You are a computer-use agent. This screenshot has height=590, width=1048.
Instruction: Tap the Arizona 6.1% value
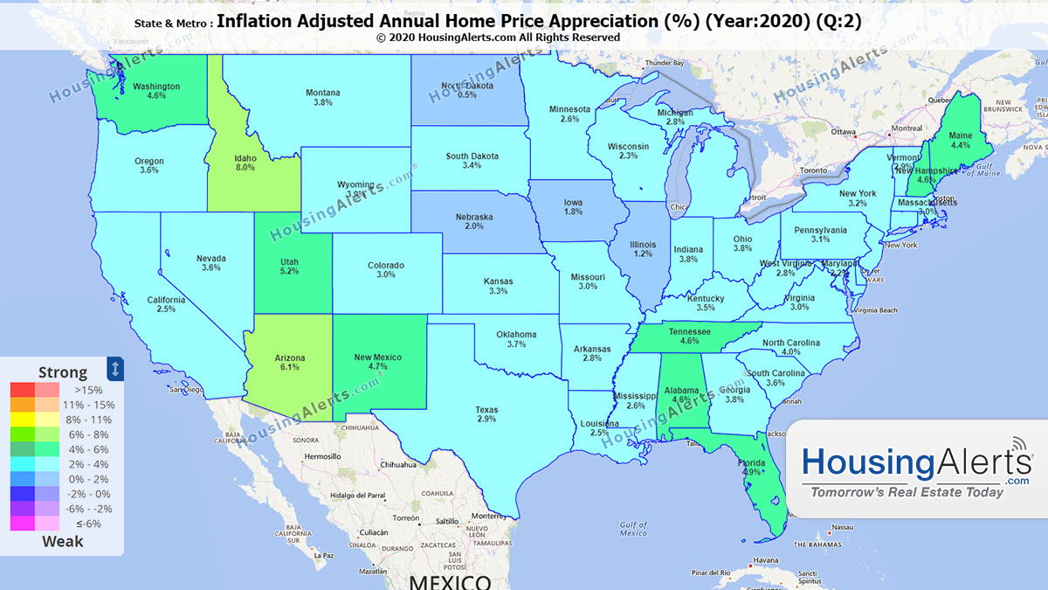point(289,362)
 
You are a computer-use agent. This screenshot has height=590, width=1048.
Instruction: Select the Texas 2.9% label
point(486,413)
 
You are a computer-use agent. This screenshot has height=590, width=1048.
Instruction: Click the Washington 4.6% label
point(156,91)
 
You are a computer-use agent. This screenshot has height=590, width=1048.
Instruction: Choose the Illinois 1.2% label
point(644,248)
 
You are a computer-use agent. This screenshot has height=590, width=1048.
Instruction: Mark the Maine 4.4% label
point(960,140)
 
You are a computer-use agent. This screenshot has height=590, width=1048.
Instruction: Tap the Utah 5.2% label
point(289,266)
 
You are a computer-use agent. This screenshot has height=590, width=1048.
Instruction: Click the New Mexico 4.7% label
point(378,362)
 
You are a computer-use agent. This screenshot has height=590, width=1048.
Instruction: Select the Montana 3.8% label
point(322,97)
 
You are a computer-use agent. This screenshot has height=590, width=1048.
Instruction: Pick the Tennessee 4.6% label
point(690,336)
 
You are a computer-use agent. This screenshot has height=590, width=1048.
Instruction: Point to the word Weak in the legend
point(63,541)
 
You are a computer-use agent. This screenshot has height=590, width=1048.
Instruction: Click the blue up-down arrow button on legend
point(115,368)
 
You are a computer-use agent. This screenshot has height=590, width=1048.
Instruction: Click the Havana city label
point(766,560)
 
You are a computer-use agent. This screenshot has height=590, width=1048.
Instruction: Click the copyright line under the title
point(498,38)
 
